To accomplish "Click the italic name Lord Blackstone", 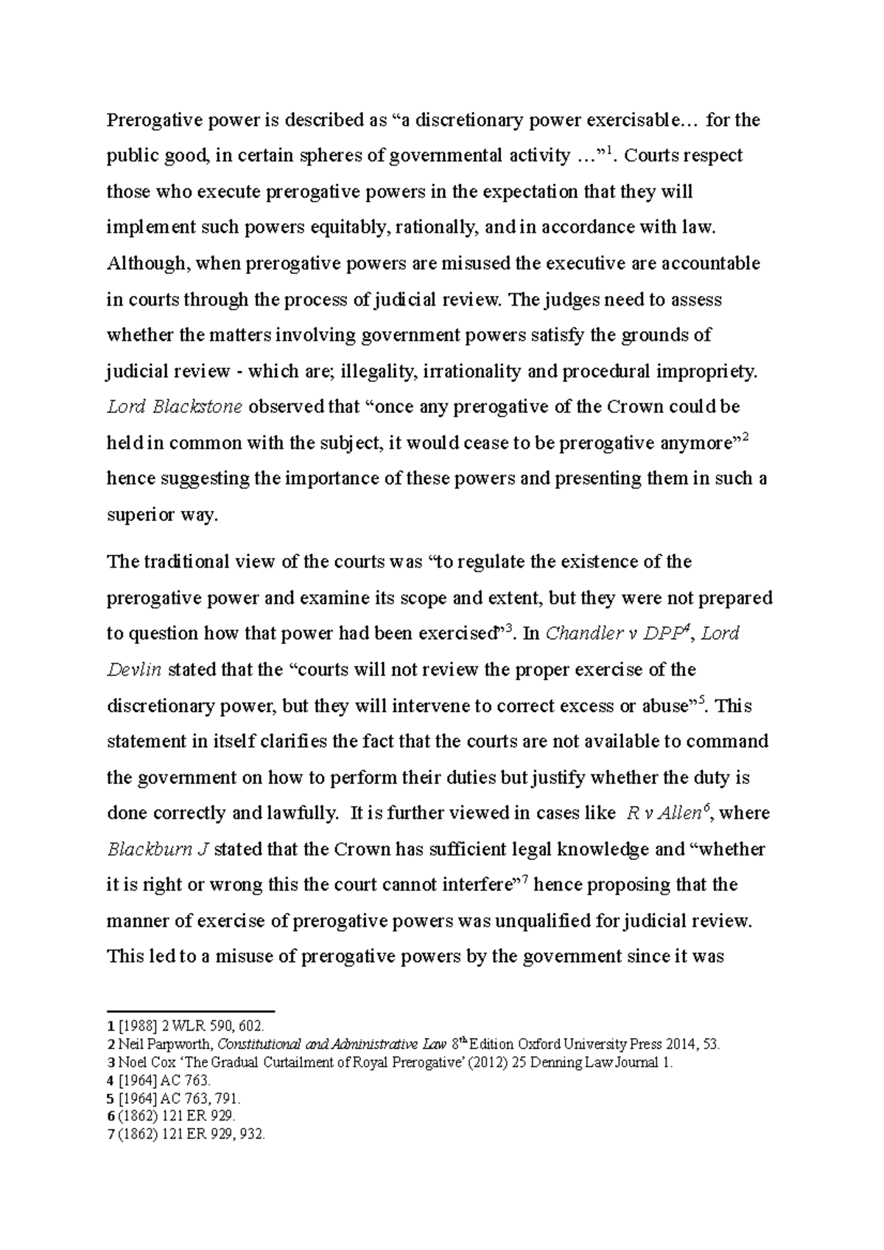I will pos(175,407).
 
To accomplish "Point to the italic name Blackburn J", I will pos(158,850).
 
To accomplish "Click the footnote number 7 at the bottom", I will pos(110,1134).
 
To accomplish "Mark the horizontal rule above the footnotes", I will pos(191,1011).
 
